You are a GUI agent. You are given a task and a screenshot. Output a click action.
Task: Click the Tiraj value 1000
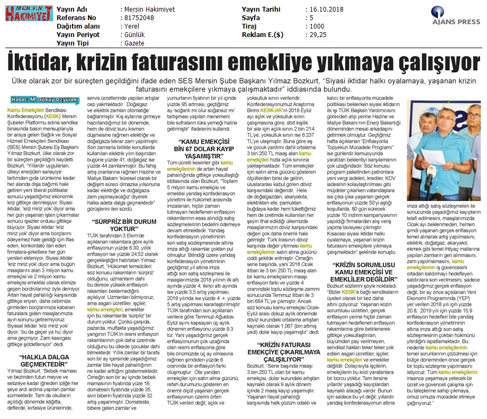pos(318,25)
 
